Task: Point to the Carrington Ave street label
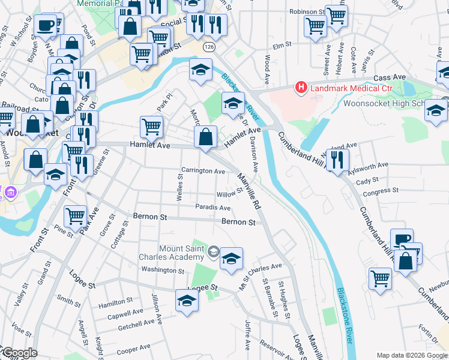pyautogui.click(x=203, y=171)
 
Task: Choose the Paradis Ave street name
pyautogui.click(x=212, y=208)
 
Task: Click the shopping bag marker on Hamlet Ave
pyautogui.click(x=205, y=136)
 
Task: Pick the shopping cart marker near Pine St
pyautogui.click(x=75, y=215)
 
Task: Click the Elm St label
pyautogui.click(x=282, y=45)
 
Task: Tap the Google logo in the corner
pyautogui.click(x=19, y=353)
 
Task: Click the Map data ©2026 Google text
pyautogui.click(x=411, y=355)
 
